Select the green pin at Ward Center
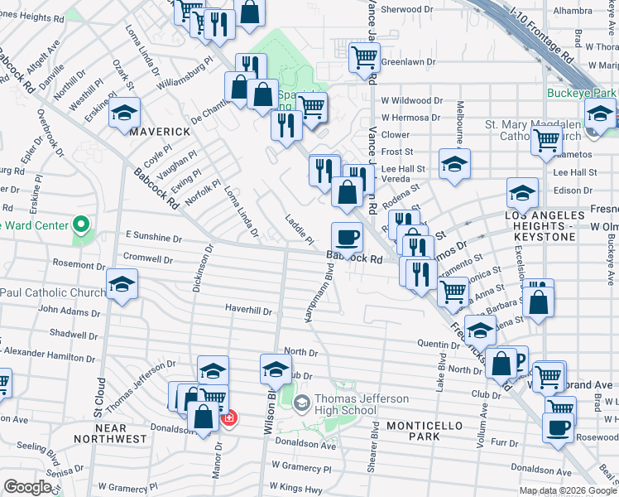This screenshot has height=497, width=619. click(81, 224)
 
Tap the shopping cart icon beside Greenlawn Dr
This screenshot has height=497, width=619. click(364, 59)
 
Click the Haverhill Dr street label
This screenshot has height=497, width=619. click(248, 311)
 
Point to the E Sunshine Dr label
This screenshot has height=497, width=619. click(153, 238)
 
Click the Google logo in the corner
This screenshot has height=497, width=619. click(27, 487)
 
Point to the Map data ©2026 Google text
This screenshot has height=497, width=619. click(567, 490)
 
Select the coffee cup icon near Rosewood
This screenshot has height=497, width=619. click(559, 428)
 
